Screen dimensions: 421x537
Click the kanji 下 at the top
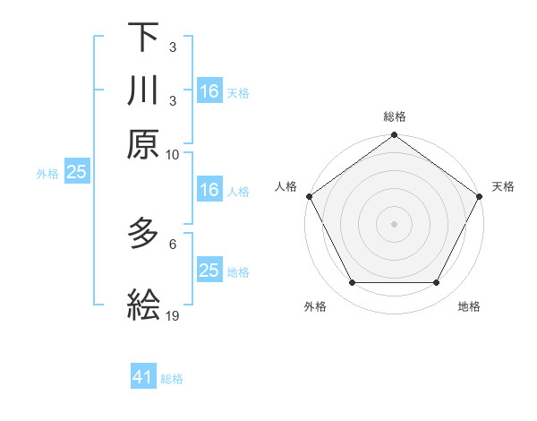tap(143, 39)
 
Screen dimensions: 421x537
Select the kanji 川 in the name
tap(143, 90)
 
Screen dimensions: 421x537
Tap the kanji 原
tap(143, 143)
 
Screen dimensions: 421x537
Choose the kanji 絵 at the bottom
tap(143, 305)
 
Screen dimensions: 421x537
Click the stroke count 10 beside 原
tap(173, 153)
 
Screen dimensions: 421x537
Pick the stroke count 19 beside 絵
tap(173, 315)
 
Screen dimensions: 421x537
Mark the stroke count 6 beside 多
tap(173, 244)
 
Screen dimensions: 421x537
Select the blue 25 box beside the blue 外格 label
tap(76, 173)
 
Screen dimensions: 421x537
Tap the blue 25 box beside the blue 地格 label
tap(209, 271)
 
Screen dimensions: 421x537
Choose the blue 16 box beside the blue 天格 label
tap(209, 91)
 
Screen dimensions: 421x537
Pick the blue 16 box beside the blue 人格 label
tap(209, 190)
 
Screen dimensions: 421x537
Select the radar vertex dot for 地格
tap(437, 283)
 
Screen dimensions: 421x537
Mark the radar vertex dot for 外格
tap(352, 283)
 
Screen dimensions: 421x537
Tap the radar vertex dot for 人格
tap(310, 196)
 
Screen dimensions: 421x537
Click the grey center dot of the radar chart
tap(394, 223)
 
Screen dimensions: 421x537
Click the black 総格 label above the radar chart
tap(394, 116)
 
